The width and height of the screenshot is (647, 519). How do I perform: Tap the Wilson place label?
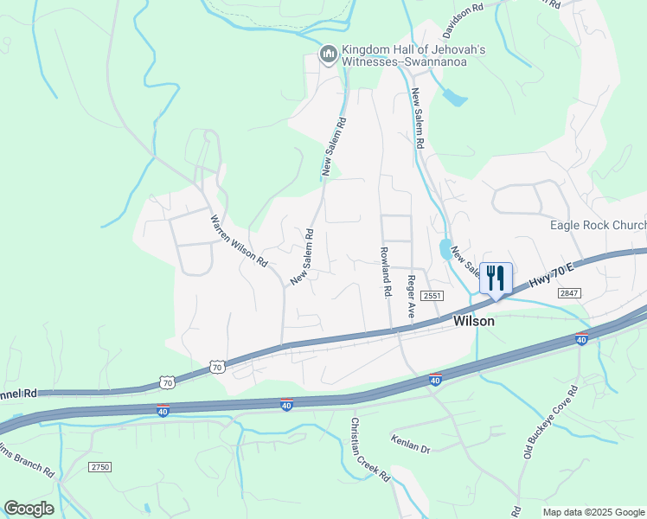pyautogui.click(x=474, y=321)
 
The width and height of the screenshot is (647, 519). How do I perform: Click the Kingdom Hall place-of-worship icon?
pyautogui.click(x=328, y=55)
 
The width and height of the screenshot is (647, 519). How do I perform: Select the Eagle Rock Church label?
pyautogui.click(x=598, y=226)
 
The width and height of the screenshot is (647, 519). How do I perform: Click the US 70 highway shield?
pyautogui.click(x=216, y=368)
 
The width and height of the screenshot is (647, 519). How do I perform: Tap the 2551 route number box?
pyautogui.click(x=433, y=296)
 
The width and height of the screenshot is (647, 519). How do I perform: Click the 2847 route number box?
pyautogui.click(x=568, y=294)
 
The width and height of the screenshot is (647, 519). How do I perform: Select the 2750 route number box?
pyautogui.click(x=100, y=466)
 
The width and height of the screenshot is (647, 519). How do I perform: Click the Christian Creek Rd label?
pyautogui.click(x=369, y=450)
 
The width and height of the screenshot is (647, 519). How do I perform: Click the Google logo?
pyautogui.click(x=29, y=509)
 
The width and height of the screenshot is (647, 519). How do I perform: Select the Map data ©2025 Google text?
pyautogui.click(x=593, y=512)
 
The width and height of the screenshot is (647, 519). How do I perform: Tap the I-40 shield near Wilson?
pyautogui.click(x=436, y=380)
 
